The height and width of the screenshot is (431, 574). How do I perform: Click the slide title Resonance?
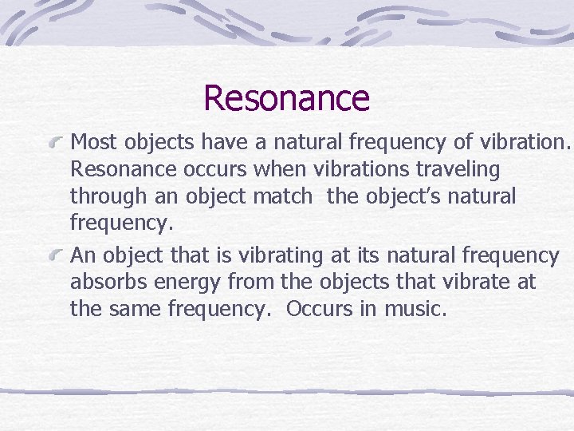coord(286,98)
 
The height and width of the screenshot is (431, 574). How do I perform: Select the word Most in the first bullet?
coord(91,143)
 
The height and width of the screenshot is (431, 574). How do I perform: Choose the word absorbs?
coord(103,283)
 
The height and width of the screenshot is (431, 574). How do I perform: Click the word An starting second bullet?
coord(84,256)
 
